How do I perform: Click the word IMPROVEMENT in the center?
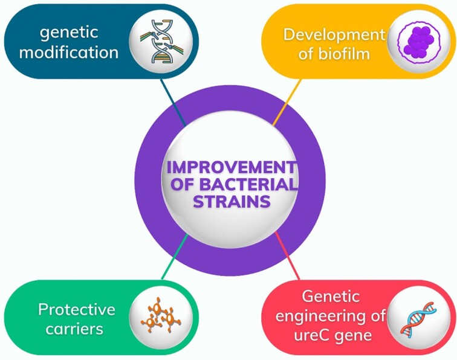(x=230, y=166)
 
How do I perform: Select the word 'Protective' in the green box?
(x=76, y=310)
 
